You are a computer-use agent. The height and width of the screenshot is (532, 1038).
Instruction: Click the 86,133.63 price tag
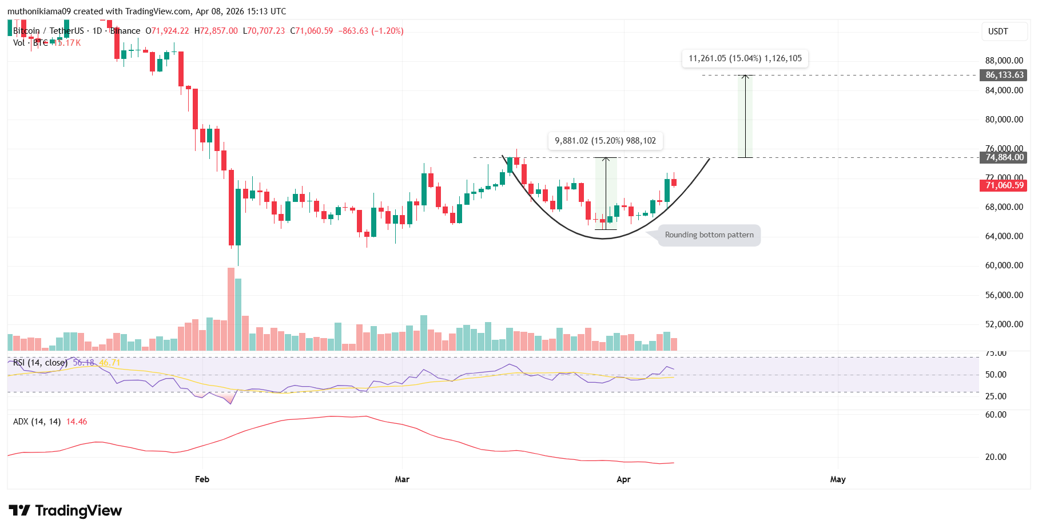pyautogui.click(x=1004, y=75)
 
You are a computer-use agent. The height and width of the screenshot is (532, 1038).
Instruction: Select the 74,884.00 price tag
pyautogui.click(x=1004, y=157)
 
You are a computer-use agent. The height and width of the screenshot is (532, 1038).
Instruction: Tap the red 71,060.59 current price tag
pyautogui.click(x=1004, y=185)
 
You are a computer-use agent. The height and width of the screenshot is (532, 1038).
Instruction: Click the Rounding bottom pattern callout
pyautogui.click(x=709, y=235)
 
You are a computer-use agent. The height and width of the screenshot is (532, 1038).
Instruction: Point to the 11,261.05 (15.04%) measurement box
pyautogui.click(x=745, y=58)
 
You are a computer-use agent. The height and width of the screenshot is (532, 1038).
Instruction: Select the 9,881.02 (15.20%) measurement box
pyautogui.click(x=605, y=141)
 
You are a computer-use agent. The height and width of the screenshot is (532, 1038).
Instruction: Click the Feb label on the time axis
pyautogui.click(x=202, y=479)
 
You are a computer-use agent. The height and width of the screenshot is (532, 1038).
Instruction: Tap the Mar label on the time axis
pyautogui.click(x=402, y=479)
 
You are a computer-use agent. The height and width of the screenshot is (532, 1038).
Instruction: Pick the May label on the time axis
pyautogui.click(x=838, y=479)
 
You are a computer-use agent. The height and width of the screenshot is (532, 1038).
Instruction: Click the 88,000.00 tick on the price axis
pyautogui.click(x=1004, y=61)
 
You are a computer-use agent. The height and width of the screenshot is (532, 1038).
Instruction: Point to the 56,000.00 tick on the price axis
pyautogui.click(x=1004, y=295)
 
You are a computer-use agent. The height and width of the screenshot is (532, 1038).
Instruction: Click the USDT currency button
pyautogui.click(x=998, y=31)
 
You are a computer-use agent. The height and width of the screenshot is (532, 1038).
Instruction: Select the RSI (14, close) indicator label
pyautogui.click(x=40, y=363)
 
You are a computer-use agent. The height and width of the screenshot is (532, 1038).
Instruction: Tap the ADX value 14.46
pyautogui.click(x=77, y=422)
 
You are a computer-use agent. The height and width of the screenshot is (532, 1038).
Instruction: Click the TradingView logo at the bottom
pyautogui.click(x=65, y=510)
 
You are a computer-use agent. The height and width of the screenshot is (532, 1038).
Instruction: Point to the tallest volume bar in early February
pyautogui.click(x=231, y=309)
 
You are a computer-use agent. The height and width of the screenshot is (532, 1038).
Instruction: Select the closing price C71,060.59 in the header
pyautogui.click(x=312, y=31)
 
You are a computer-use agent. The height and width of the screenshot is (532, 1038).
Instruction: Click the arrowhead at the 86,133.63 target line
pyautogui.click(x=745, y=77)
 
